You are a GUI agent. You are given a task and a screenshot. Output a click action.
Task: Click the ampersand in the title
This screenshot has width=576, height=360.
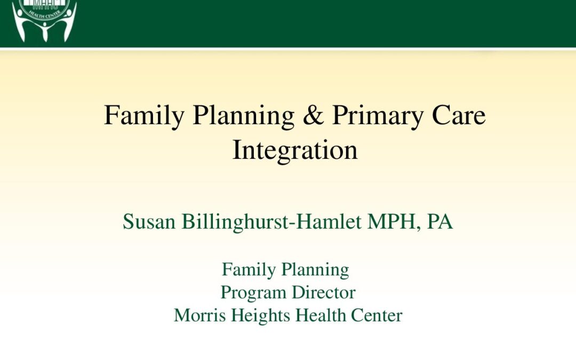314,115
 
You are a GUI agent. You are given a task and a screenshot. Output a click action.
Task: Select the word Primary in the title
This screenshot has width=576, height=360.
378,117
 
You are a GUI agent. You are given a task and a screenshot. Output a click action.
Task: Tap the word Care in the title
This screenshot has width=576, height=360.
459,115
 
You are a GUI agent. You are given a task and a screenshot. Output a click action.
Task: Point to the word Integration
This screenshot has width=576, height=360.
295,150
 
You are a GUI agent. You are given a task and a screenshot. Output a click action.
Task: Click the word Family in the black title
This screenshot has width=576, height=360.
144,117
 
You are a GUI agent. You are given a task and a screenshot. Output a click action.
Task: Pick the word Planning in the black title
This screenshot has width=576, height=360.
244,117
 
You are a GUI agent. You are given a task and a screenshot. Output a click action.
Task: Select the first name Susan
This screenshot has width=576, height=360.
149,222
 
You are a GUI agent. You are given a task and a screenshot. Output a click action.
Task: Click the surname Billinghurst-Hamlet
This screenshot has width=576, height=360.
271,222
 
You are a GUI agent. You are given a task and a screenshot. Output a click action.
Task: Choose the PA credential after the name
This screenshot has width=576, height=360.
439,222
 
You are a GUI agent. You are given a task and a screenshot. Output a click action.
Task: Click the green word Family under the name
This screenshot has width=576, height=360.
249,270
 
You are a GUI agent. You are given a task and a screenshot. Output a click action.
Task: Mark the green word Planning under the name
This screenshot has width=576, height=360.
315,270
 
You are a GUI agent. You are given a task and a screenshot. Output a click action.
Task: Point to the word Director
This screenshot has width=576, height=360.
324,293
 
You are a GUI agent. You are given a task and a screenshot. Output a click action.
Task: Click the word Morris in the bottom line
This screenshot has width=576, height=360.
199,316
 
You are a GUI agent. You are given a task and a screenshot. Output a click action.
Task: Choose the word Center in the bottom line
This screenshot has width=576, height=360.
377,316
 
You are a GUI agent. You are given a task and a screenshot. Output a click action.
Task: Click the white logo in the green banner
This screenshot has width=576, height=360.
44,20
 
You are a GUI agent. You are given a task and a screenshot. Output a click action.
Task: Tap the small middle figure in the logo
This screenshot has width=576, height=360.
45,32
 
